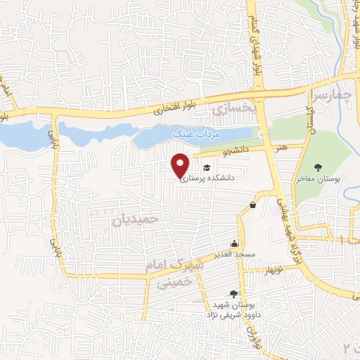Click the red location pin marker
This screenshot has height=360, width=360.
pyautogui.click(x=181, y=165)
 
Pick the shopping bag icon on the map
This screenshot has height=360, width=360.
pyautogui.click(x=252, y=205)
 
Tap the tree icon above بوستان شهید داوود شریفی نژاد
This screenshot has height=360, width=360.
pyautogui.click(x=233, y=295)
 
